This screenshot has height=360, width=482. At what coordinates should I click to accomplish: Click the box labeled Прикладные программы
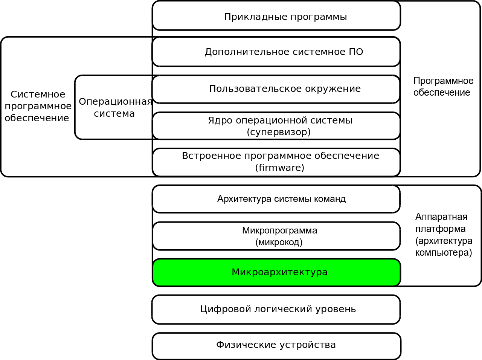[276, 16]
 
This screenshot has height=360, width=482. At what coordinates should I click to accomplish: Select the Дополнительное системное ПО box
[276, 52]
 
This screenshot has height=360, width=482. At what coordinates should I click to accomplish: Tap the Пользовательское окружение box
[276, 89]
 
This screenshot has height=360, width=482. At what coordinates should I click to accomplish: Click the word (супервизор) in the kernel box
[279, 132]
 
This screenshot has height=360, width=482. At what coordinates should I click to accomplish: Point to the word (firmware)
[279, 168]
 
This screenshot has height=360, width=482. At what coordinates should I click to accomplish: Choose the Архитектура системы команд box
[276, 199]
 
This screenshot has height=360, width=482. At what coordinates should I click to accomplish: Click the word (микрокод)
[279, 242]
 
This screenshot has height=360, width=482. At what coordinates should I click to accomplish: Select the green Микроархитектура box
[276, 272]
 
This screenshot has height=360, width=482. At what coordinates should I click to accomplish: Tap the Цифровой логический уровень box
[276, 310]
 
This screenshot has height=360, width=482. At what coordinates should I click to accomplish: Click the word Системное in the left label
[38, 95]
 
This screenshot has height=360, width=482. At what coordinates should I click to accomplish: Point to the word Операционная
[115, 102]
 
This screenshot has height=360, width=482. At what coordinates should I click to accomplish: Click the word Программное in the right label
[443, 81]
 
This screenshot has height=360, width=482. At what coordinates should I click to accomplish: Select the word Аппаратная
[441, 217]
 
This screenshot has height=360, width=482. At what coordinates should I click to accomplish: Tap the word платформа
[440, 229]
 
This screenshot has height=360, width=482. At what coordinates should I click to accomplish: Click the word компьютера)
[444, 253]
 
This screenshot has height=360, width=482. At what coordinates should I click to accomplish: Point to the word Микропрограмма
[279, 230]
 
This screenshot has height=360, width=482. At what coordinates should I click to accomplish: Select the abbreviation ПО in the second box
[356, 52]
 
